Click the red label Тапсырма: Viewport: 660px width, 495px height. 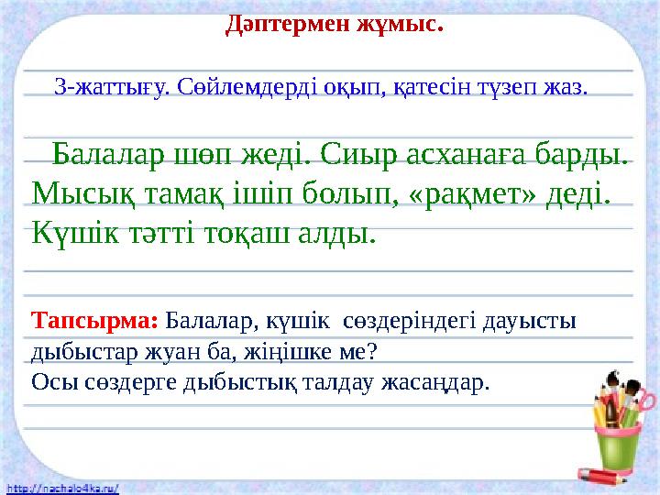(x=96, y=323)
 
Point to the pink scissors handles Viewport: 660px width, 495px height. (x=646, y=399)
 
